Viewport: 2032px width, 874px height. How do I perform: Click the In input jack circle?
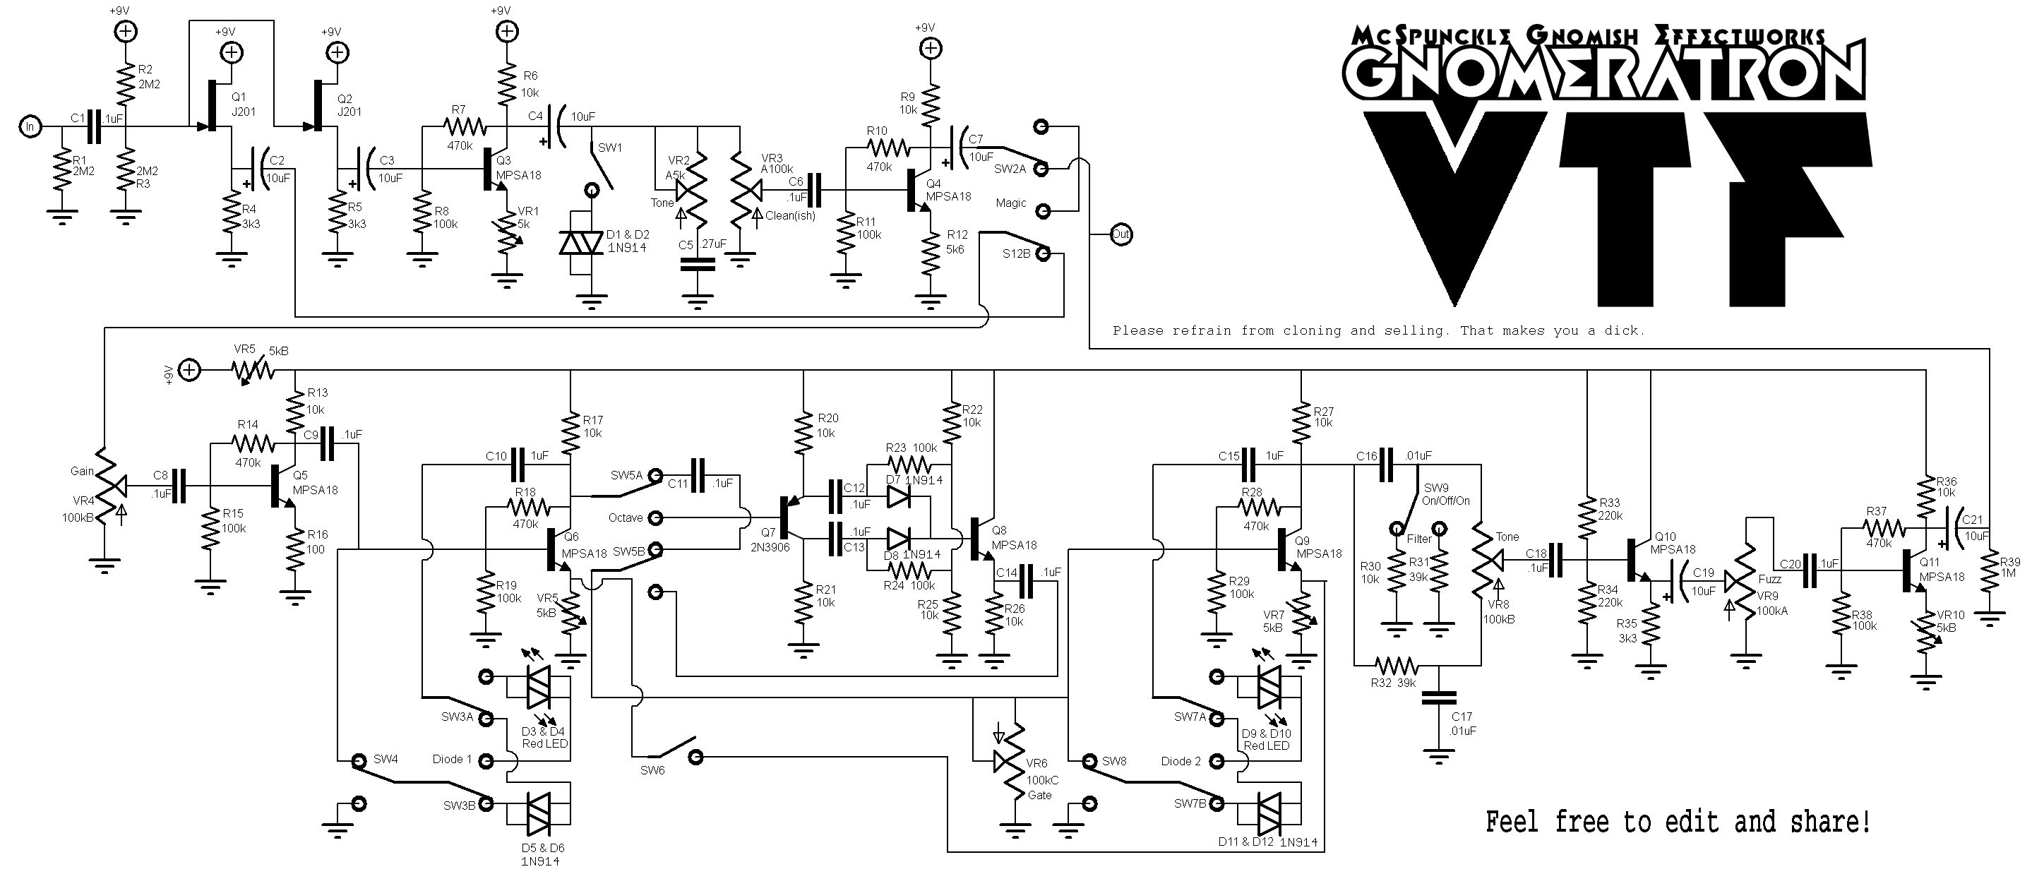(30, 126)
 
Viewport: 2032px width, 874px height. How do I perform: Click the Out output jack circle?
(1120, 234)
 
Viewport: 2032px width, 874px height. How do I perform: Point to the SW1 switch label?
(610, 148)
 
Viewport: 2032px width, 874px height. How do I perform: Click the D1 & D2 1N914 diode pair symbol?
(581, 243)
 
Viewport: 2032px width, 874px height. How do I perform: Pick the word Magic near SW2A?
(1010, 203)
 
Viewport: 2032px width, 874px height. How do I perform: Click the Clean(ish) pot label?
(789, 215)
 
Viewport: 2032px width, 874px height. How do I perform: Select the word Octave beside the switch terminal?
(626, 517)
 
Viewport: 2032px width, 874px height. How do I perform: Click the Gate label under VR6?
(1040, 795)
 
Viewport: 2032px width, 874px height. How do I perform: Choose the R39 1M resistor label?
(2009, 567)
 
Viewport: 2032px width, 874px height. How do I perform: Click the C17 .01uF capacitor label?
(1462, 724)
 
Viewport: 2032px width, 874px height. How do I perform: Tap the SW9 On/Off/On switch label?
(1447, 493)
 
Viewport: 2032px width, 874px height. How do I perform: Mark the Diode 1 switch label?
(451, 759)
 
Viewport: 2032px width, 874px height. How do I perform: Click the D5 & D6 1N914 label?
(542, 854)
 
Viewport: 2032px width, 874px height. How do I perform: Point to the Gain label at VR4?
(82, 471)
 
